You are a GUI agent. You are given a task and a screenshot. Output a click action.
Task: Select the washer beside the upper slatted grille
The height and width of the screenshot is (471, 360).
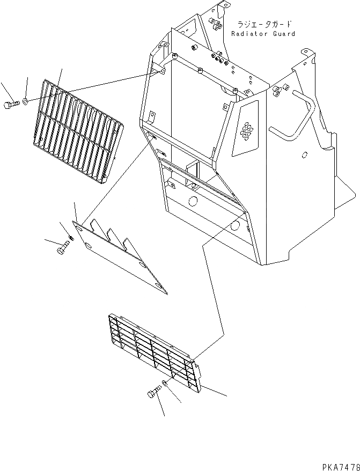click(x=26, y=100)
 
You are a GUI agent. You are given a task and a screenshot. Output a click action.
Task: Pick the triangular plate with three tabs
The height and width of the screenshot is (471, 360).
click(x=121, y=255)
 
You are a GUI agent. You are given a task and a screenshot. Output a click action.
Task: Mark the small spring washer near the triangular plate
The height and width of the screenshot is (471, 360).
click(x=71, y=238)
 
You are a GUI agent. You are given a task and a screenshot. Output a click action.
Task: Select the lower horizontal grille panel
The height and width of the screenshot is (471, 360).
click(x=156, y=351)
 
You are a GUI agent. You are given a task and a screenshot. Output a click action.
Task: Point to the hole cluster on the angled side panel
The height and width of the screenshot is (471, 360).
click(x=247, y=131)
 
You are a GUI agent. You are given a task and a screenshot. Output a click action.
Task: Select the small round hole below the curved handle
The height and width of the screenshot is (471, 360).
click(x=305, y=156)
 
